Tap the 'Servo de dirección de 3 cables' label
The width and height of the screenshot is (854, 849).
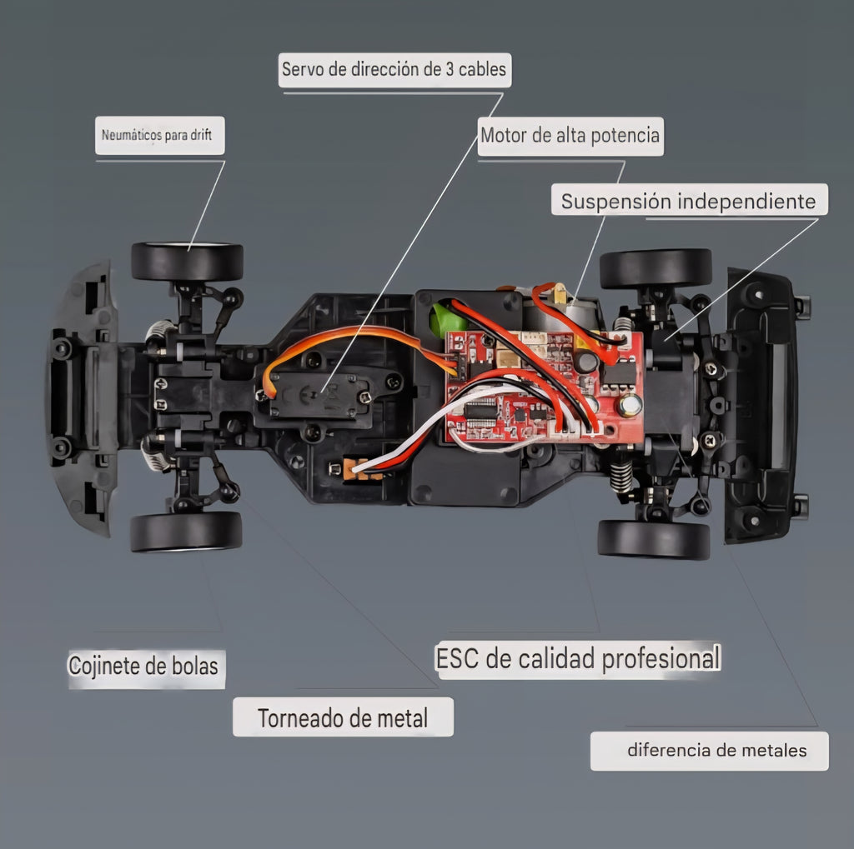point(394,70)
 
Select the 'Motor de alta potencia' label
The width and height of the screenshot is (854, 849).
point(570,136)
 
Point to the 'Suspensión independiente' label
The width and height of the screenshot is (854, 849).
point(689,200)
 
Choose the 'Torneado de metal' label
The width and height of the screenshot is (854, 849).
point(343,717)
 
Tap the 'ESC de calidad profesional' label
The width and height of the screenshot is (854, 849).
point(579,659)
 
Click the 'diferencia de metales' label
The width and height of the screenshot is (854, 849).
point(709,751)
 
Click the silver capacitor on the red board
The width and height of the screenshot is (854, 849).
point(630,406)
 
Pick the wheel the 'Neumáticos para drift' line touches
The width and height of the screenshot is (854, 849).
point(187,262)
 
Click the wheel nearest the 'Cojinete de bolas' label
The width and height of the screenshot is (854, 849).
point(186,531)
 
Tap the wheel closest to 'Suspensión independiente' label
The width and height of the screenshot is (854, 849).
point(656,269)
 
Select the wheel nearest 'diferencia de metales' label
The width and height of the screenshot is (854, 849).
point(654,539)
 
